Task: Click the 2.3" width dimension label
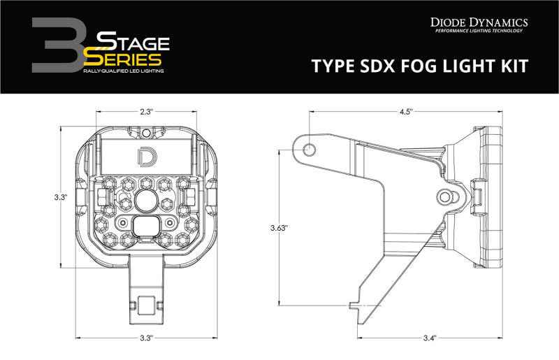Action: (x=146, y=110)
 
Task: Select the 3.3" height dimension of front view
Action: (x=61, y=198)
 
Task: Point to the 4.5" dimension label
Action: (x=406, y=110)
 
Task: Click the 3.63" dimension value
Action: (x=279, y=227)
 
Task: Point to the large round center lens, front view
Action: (x=146, y=200)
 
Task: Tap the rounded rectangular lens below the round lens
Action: (x=146, y=225)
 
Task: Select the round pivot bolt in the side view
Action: (x=446, y=196)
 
